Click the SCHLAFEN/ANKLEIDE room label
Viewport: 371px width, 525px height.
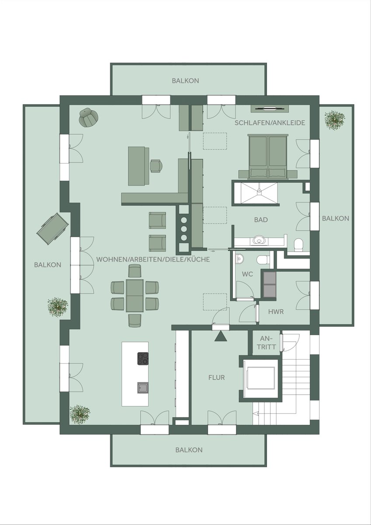coord(270,123)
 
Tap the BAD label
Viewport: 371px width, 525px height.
coord(261,220)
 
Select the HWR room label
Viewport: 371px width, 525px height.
coord(276,311)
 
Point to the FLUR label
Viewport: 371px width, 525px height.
coord(216,377)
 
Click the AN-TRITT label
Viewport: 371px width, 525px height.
coord(267,343)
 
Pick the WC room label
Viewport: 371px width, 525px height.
coord(247,274)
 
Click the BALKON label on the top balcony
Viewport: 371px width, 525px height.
coord(185,80)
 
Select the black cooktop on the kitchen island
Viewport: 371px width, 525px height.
coord(143,359)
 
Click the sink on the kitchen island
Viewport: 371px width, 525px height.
coord(143,388)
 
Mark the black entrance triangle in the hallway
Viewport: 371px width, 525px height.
coord(221,336)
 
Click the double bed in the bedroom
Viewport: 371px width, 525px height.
coord(268,156)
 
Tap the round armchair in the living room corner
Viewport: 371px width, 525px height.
coord(88,117)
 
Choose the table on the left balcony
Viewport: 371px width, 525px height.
coord(53,228)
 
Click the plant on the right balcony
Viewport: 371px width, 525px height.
coord(334,120)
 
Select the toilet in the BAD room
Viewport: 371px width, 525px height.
coord(298,245)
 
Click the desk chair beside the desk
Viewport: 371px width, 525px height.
coord(156,166)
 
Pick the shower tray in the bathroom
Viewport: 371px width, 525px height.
coord(259,192)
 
